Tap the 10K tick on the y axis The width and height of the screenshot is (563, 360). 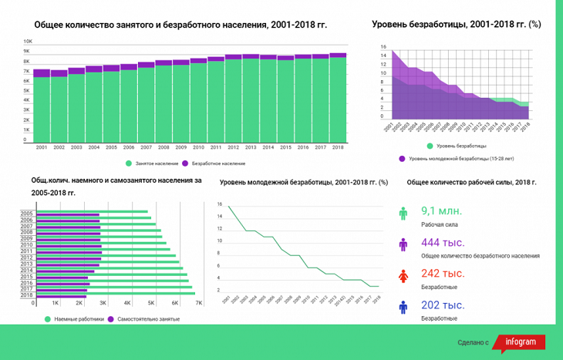pos(28,42)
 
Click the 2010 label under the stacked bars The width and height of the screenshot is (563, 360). pos(198,147)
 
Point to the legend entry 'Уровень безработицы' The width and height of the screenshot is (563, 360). pos(456,145)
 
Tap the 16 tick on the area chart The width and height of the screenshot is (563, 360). pos(383,49)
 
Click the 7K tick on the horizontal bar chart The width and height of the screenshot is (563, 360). pos(199,303)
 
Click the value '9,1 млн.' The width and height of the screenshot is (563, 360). pos(440,211)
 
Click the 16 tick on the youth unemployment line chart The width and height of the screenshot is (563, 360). pos(220,204)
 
